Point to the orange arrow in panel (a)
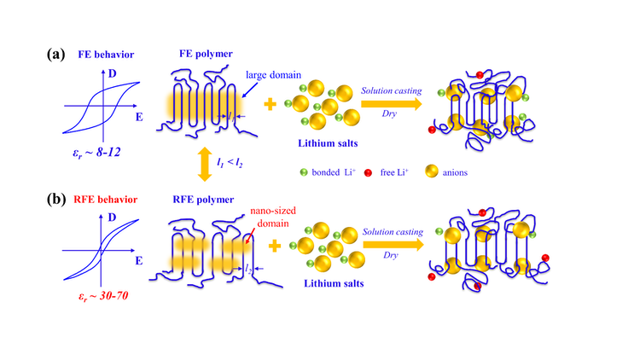coord(393,103)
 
